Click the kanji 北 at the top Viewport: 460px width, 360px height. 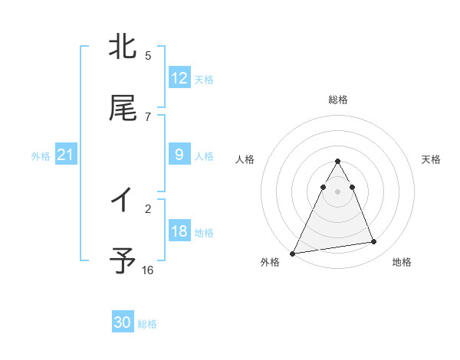point(123,47)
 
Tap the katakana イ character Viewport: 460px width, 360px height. point(123,201)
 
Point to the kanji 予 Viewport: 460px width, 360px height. point(123,261)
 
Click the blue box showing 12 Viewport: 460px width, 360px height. point(179,78)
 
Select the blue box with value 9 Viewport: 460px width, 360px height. point(179,155)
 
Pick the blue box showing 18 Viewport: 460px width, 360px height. point(179,231)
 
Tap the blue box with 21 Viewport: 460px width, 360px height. point(66,155)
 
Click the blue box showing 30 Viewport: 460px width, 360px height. point(123,322)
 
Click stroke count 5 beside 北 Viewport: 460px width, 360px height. point(148,55)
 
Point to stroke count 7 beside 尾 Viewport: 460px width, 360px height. point(148,116)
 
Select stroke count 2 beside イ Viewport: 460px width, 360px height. point(148,208)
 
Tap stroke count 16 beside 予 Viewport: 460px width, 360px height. point(148,270)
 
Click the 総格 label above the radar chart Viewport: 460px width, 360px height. point(338,100)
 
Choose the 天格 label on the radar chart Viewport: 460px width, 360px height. point(432,159)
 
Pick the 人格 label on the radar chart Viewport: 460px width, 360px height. point(245,159)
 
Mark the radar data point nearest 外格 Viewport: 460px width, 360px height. point(293,253)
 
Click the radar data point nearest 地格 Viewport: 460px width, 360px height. point(374,242)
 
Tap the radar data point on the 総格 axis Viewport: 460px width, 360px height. point(338,161)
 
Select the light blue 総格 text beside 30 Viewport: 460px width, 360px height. point(148,324)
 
